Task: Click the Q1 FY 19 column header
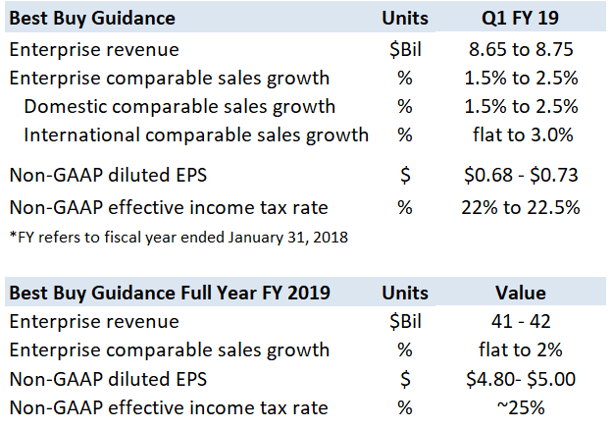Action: point(520,18)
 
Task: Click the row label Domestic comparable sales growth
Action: point(179,106)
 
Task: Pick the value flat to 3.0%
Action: point(520,134)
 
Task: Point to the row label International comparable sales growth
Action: point(196,134)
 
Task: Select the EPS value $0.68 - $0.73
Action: point(520,175)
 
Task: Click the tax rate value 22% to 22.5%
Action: point(520,207)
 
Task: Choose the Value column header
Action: point(520,293)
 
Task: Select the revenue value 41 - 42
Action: point(520,321)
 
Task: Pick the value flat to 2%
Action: point(520,349)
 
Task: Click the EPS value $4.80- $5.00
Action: point(520,378)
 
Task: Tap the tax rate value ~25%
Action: point(520,407)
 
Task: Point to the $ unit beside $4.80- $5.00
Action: point(405,378)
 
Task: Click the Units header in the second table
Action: point(405,293)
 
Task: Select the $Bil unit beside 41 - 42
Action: point(405,321)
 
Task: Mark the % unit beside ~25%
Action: point(405,407)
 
